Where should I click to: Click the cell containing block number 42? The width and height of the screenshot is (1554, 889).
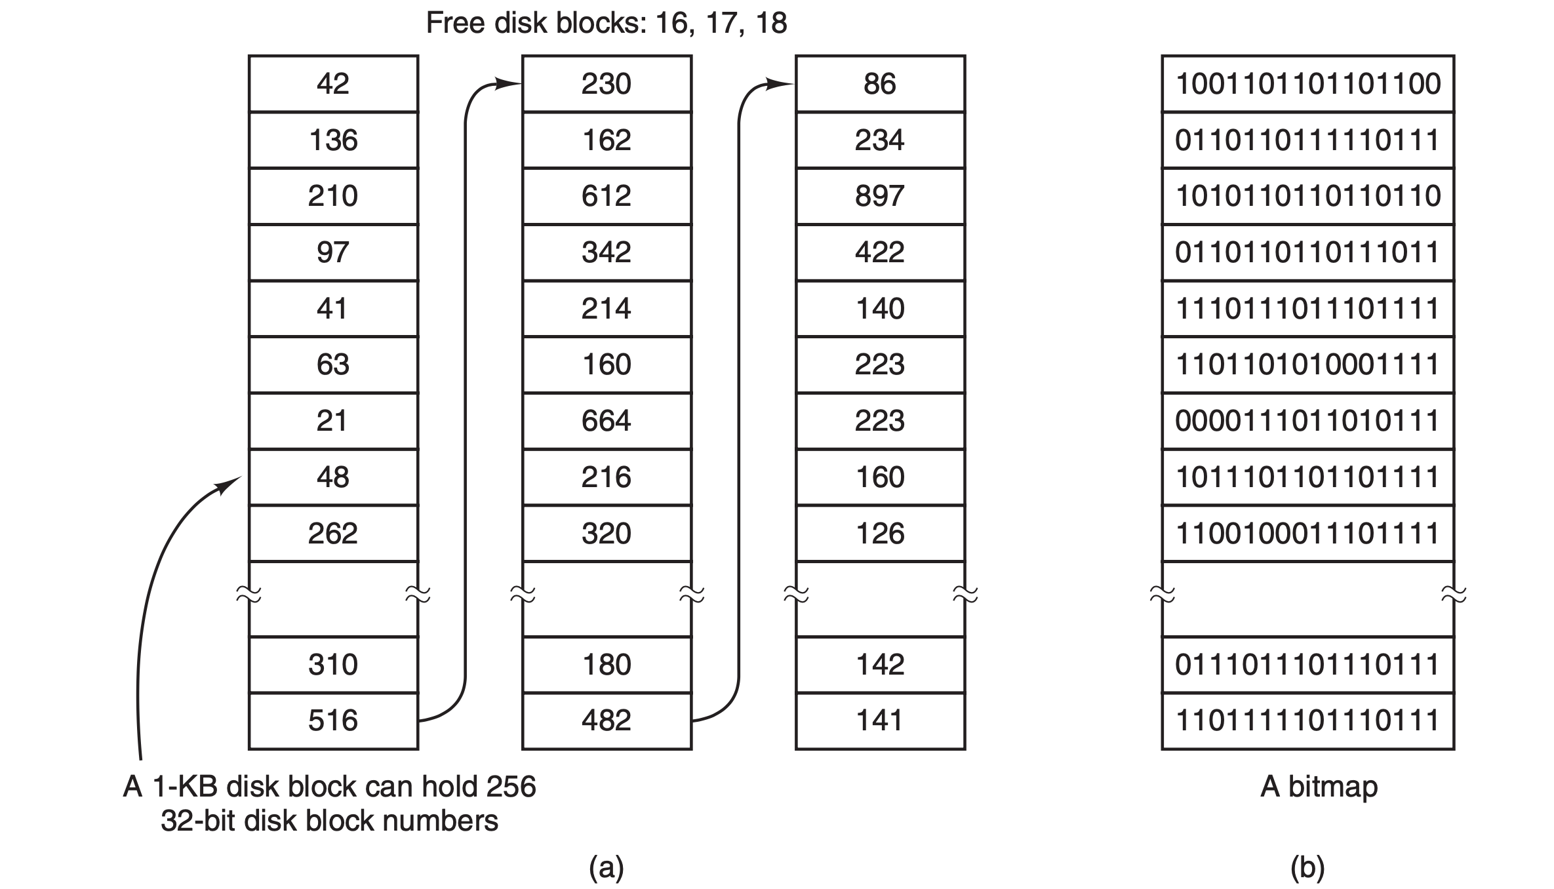click(333, 84)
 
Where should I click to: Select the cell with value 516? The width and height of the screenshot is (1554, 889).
click(333, 721)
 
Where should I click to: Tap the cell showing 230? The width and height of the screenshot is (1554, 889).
click(607, 84)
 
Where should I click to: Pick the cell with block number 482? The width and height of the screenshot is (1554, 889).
click(607, 721)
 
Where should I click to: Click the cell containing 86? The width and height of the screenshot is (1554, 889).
click(880, 84)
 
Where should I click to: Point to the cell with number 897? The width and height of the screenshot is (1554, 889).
click(880, 196)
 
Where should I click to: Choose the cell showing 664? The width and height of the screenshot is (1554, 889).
click(607, 421)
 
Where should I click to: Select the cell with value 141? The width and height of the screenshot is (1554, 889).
click(880, 721)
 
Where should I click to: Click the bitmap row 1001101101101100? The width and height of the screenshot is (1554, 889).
click(1307, 84)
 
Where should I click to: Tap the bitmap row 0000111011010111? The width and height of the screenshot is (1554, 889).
click(1307, 421)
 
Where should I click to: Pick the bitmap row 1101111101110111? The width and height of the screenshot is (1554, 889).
click(1307, 721)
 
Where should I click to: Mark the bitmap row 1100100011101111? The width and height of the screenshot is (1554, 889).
click(1307, 533)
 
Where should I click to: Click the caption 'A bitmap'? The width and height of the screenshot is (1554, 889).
click(1319, 787)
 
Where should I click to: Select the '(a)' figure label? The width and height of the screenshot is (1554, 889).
click(607, 867)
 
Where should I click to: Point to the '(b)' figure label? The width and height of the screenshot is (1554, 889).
click(1307, 867)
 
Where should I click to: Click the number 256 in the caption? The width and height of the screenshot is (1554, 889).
click(511, 787)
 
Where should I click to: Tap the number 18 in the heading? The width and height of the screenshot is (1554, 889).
click(770, 24)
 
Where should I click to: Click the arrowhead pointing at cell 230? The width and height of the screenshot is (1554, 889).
click(509, 84)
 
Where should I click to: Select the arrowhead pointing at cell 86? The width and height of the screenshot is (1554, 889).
click(782, 84)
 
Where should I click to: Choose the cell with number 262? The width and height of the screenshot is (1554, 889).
click(333, 533)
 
